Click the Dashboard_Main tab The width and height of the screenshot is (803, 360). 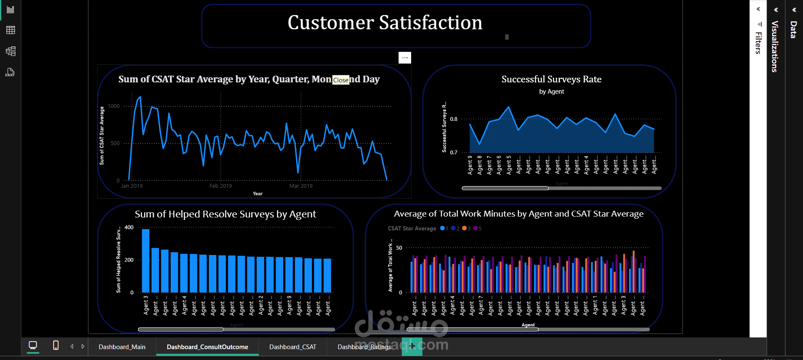(122, 347)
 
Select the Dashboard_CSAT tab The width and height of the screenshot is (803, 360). (293, 347)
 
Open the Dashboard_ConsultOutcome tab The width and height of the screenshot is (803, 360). (207, 347)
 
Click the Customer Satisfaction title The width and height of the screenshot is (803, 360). (385, 23)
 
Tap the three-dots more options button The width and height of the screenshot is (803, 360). (405, 58)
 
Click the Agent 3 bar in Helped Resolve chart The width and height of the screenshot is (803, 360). (146, 260)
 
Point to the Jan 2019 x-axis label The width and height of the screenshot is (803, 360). (132, 186)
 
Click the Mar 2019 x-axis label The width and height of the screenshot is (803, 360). (301, 186)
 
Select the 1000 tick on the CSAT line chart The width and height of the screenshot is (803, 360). (114, 106)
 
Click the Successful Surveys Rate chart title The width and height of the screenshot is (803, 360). (551, 79)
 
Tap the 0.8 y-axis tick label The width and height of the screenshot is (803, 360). (454, 119)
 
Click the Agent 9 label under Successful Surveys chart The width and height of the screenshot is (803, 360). (470, 165)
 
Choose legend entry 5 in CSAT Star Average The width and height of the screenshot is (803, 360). (478, 229)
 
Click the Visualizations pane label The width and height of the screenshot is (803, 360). (775, 46)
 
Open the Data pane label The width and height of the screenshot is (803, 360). (793, 30)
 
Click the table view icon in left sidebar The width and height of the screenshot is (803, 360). (10, 30)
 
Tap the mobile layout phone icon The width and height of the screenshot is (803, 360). (56, 345)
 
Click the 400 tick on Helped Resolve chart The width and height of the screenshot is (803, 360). (129, 227)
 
